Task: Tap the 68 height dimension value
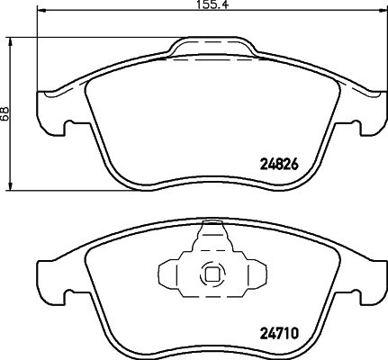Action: [x=7, y=113]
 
